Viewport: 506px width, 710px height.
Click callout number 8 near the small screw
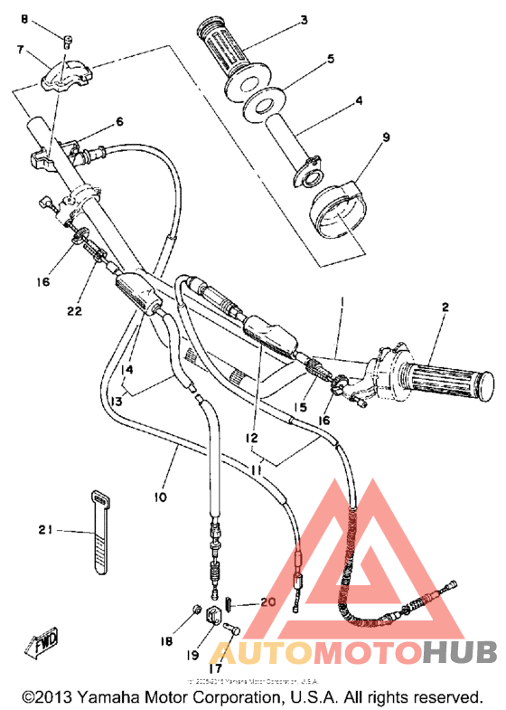pyautogui.click(x=25, y=19)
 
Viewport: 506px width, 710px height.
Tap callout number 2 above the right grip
pyautogui.click(x=444, y=307)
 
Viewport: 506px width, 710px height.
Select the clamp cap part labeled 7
pyautogui.click(x=67, y=74)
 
